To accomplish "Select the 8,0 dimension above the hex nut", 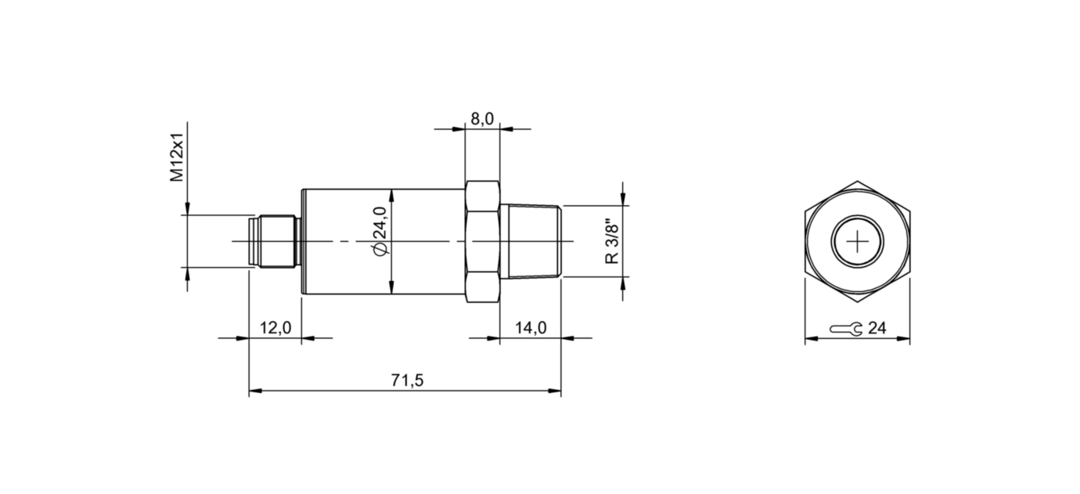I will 481,118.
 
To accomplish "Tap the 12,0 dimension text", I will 275,328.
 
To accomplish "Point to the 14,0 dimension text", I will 531,328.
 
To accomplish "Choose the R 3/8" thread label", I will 613,242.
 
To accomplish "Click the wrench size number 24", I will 877,329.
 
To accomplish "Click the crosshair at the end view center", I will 858,242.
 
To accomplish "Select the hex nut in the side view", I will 482,242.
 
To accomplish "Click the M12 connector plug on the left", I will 274,242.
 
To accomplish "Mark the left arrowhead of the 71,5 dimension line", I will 254,390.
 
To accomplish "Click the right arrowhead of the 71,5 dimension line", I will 556,390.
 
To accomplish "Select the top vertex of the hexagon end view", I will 858,182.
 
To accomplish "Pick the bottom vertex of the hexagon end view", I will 858,302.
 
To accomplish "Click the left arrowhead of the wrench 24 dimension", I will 810,339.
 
